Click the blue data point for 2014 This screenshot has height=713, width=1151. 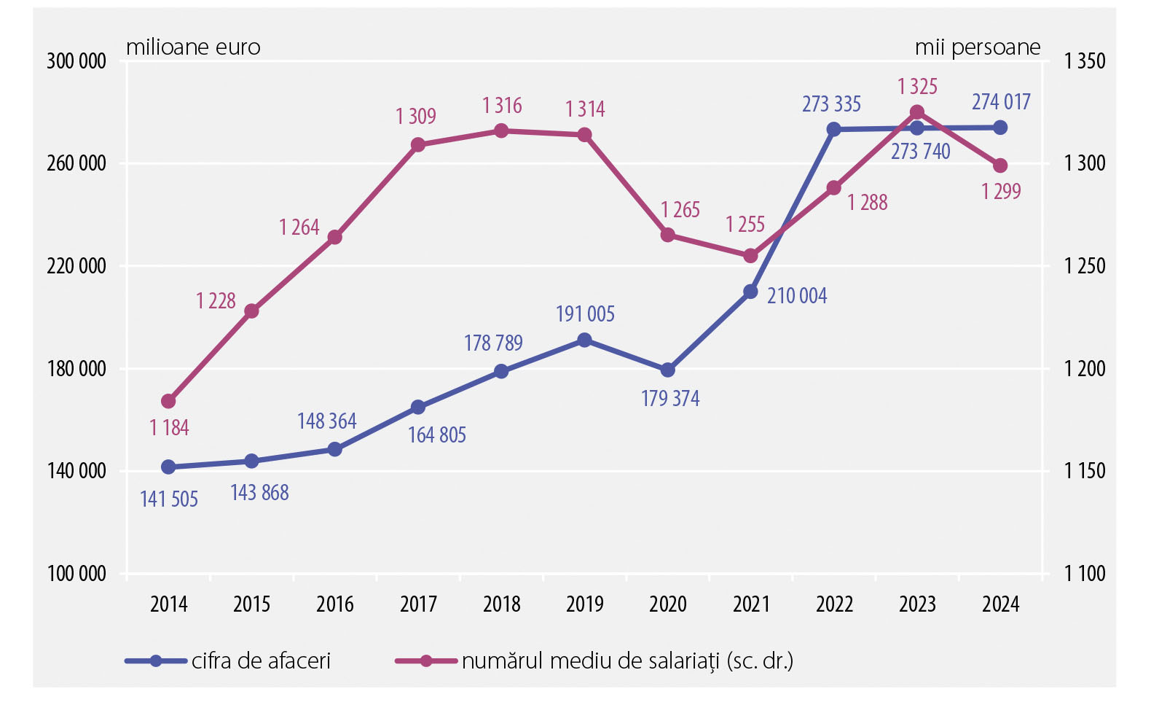(168, 467)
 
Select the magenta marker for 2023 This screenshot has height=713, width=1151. (917, 112)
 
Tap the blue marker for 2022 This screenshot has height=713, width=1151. (834, 130)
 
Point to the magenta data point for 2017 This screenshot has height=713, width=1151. (418, 145)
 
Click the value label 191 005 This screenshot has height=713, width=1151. (585, 314)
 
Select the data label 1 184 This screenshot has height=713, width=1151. (169, 427)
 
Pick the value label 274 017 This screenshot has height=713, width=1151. (1001, 102)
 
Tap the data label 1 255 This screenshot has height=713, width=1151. (745, 225)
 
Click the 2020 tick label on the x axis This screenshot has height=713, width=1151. (668, 604)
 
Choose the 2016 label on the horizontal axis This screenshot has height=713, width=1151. (335, 604)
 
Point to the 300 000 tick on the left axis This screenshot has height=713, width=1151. (76, 61)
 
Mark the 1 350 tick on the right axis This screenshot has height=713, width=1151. (1085, 61)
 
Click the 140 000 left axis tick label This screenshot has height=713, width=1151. (76, 471)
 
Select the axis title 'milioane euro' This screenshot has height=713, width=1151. (193, 47)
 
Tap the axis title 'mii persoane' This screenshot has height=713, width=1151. (978, 47)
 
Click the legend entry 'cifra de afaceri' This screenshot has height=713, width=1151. (261, 661)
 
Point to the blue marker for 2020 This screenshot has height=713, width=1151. (668, 370)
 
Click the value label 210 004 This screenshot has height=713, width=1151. (797, 296)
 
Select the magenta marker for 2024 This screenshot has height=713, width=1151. (1000, 165)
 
